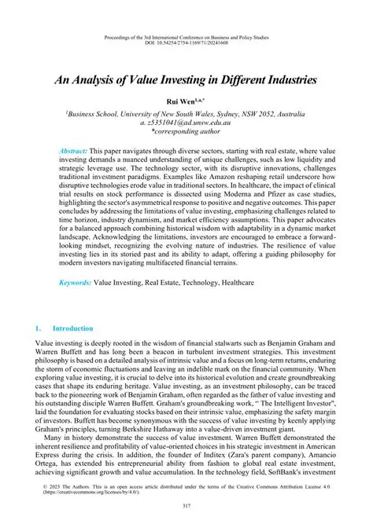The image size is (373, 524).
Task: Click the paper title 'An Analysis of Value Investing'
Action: point(186,79)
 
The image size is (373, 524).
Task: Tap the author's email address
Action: point(186,123)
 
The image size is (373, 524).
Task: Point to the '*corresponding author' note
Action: point(186,134)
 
